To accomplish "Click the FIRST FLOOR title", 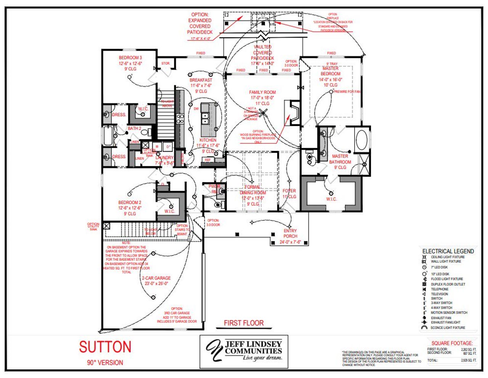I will coord(244,323).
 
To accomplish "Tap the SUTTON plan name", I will coord(105,347).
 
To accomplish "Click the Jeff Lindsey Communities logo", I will coord(244,351).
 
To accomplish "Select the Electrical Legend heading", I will coord(448,251).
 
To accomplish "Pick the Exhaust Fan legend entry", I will coord(441,317).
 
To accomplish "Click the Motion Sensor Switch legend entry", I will coord(448,313).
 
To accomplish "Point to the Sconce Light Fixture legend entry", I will coord(448,327).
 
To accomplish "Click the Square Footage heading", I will coord(452,343).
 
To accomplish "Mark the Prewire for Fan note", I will coord(347,92).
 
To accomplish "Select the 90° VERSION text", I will coord(105,363).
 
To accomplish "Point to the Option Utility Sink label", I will coord(93,226).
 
